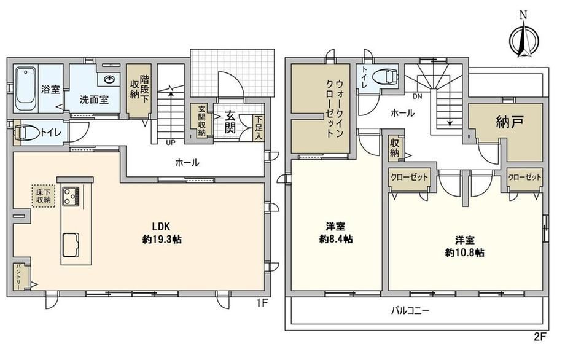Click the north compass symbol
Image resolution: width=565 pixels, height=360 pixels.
(524, 39)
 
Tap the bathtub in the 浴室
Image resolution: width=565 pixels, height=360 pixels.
(26, 89)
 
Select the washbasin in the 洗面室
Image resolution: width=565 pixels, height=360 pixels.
(109, 79)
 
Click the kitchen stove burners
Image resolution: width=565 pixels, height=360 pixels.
(71, 196)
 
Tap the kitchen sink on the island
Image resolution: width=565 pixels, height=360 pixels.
(71, 245)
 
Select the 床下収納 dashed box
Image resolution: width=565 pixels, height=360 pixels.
(44, 196)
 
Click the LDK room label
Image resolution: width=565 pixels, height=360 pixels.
(161, 226)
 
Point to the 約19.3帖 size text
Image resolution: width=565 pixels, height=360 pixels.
(162, 239)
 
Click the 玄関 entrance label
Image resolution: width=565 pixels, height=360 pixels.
(230, 122)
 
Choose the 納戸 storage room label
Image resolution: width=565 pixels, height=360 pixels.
(510, 123)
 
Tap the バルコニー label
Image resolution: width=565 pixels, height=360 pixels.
(410, 310)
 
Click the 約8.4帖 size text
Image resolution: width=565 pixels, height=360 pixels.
(336, 239)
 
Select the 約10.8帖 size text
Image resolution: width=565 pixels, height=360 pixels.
(464, 252)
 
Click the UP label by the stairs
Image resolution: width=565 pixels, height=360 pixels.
(171, 143)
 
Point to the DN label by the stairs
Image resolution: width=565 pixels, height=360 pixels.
(417, 96)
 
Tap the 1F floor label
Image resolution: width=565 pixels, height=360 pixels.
(263, 303)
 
